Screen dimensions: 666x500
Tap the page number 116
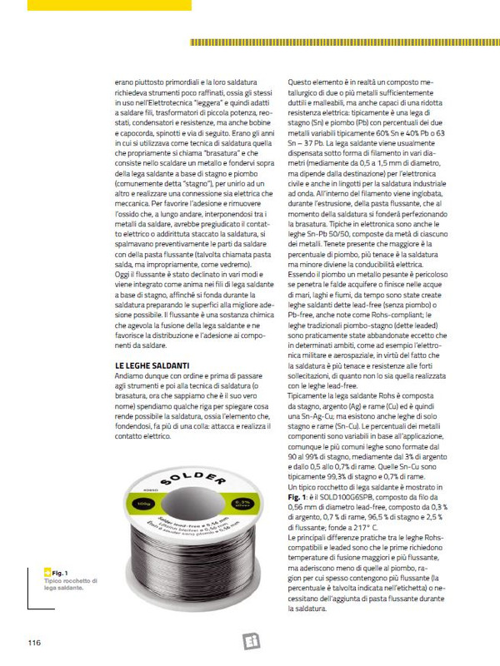point(34,642)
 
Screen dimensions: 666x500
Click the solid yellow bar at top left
point(108,5)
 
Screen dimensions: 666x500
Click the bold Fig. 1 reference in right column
point(298,495)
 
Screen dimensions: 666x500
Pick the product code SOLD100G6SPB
point(360,495)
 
